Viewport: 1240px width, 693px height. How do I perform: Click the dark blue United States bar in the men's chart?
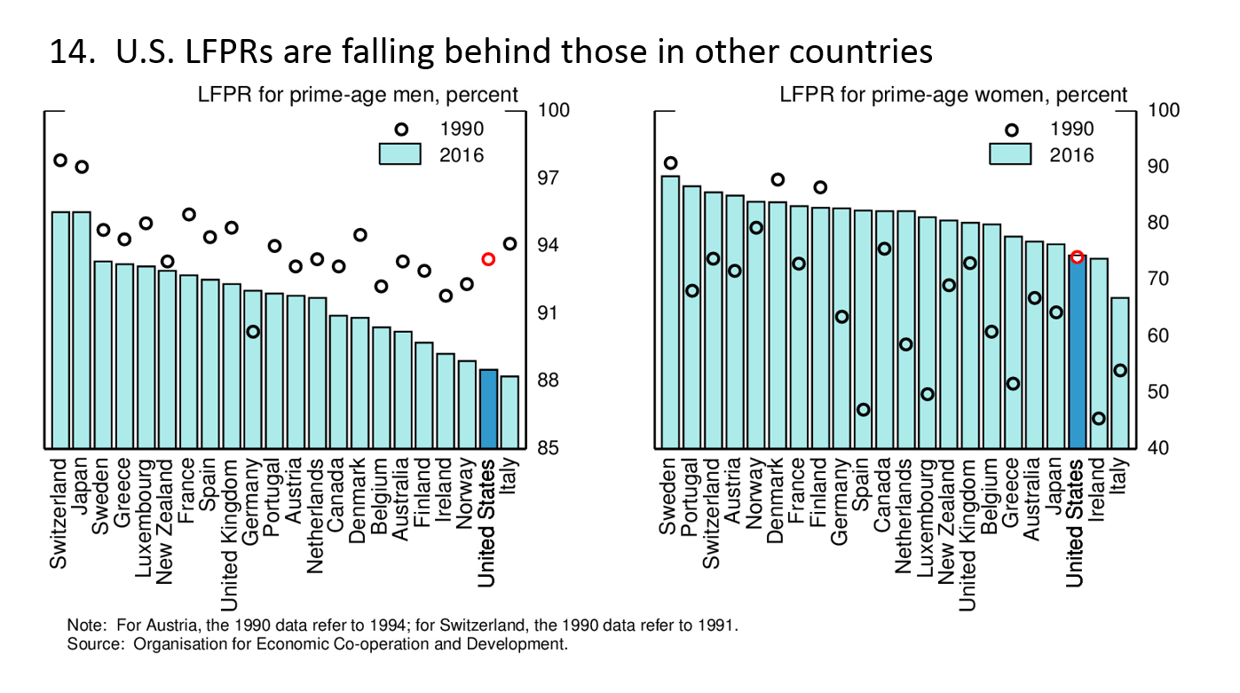click(x=488, y=409)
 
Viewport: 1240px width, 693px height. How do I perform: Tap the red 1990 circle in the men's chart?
click(x=488, y=259)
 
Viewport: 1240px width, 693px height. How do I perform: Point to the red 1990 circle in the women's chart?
click(x=1077, y=257)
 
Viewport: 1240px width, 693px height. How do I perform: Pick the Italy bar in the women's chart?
click(x=1120, y=373)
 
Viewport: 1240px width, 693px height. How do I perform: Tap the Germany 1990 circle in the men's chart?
click(x=253, y=331)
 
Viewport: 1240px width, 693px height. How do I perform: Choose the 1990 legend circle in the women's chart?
click(x=1011, y=130)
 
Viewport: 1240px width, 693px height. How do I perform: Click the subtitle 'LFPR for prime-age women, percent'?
click(x=953, y=95)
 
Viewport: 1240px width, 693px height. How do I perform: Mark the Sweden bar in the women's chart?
click(x=671, y=311)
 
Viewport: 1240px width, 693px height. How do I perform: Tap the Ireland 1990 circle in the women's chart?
click(x=1099, y=418)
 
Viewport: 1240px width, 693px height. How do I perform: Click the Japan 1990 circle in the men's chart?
click(x=82, y=167)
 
